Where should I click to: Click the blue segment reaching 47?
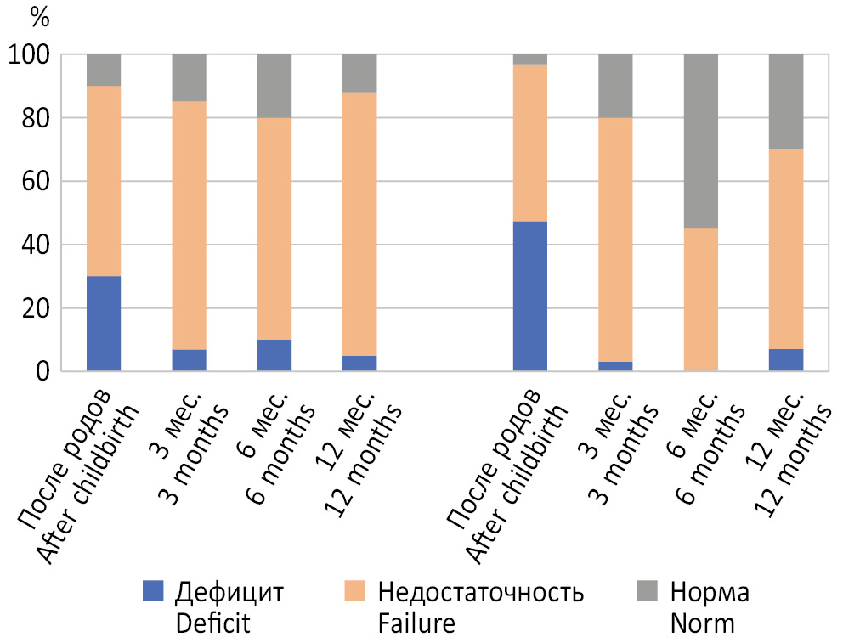pos(529,296)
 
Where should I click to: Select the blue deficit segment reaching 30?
pos(104,324)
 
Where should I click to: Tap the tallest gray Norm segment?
pos(700,141)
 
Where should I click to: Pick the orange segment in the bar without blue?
pos(700,299)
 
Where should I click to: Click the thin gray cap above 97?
pos(529,59)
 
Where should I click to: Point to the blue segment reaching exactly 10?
pos(274,355)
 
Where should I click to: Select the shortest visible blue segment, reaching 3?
pos(615,366)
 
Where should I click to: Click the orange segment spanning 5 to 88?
pos(359,223)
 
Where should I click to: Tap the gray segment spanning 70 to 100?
pos(786,101)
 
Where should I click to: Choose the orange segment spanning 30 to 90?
pos(104,181)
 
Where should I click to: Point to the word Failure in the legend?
pos(416,623)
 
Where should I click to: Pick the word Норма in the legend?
pos(710,592)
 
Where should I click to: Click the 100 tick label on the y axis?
pos(30,55)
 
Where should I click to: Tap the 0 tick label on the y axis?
pos(43,371)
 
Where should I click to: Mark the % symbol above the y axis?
pos(40,14)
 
